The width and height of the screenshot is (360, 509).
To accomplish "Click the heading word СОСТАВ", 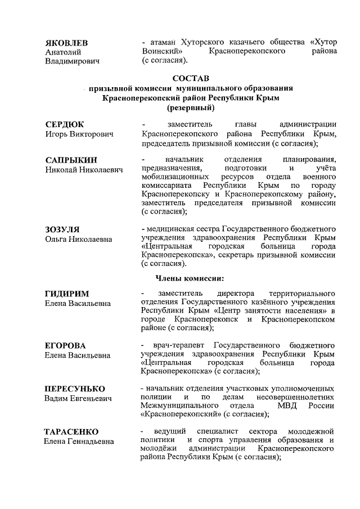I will (x=191, y=78).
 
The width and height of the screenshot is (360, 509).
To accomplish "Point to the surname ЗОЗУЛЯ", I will (x=62, y=229).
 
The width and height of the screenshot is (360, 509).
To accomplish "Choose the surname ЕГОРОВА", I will (x=65, y=345).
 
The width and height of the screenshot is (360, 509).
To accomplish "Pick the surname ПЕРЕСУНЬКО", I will (x=75, y=389).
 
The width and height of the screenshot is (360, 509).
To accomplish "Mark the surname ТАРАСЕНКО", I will (x=71, y=431).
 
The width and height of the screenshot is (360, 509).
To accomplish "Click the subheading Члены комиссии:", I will (x=190, y=278).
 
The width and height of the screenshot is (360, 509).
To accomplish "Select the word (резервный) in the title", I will (x=191, y=108).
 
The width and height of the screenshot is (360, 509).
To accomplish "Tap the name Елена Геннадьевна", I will (x=79, y=442).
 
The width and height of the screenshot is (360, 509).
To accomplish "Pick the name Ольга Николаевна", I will (x=78, y=240).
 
